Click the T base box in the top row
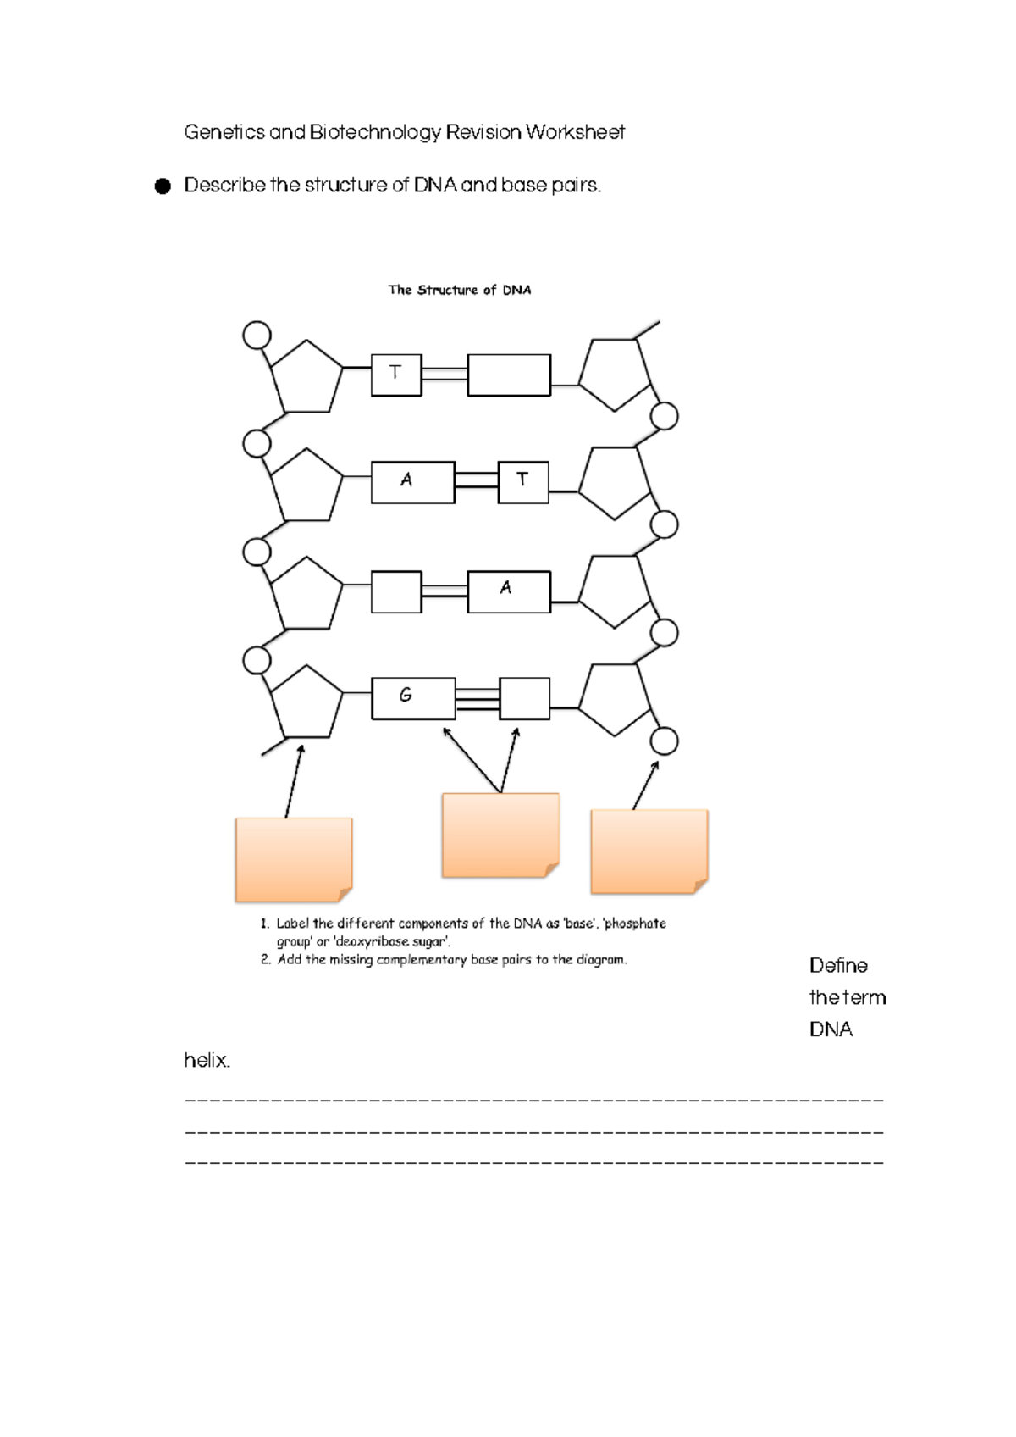(x=395, y=375)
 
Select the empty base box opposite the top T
(x=509, y=375)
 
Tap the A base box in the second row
(x=412, y=482)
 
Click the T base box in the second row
(x=523, y=482)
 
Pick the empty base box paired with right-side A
(x=396, y=591)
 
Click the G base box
(x=413, y=698)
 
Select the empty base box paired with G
(x=524, y=698)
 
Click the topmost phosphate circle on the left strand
(x=257, y=335)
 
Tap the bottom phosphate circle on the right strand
(x=665, y=741)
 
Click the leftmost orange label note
(x=293, y=859)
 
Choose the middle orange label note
(x=500, y=835)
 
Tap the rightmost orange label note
(x=649, y=851)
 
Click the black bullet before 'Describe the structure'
(x=163, y=186)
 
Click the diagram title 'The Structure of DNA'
(x=459, y=290)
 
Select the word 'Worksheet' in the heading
(x=575, y=132)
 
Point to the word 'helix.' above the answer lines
(x=207, y=1060)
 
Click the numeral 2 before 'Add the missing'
(x=266, y=960)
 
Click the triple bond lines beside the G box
(x=478, y=699)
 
